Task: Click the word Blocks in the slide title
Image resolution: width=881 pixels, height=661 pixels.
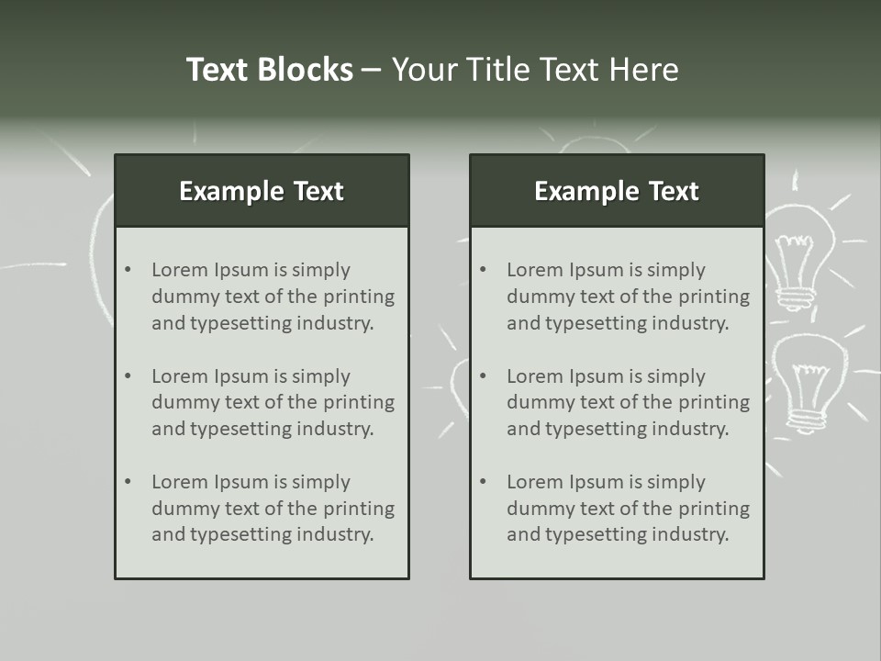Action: click(x=307, y=70)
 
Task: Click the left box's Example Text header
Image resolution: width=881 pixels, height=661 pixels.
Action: click(x=262, y=191)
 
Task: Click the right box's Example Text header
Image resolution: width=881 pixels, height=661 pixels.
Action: click(x=617, y=191)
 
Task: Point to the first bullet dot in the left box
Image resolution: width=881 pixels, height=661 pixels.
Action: click(x=128, y=270)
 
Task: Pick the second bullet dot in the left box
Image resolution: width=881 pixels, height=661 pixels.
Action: click(x=128, y=376)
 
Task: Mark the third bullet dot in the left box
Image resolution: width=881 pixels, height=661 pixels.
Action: click(x=128, y=482)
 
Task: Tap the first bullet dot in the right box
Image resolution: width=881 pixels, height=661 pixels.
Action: click(x=484, y=270)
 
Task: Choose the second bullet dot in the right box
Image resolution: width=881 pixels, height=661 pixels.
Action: click(x=484, y=376)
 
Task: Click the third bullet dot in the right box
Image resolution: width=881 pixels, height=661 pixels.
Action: click(x=484, y=482)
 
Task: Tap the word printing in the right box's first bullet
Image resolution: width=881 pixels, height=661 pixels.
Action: click(x=714, y=297)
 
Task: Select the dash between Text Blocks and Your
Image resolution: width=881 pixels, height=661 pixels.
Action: click(x=372, y=71)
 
